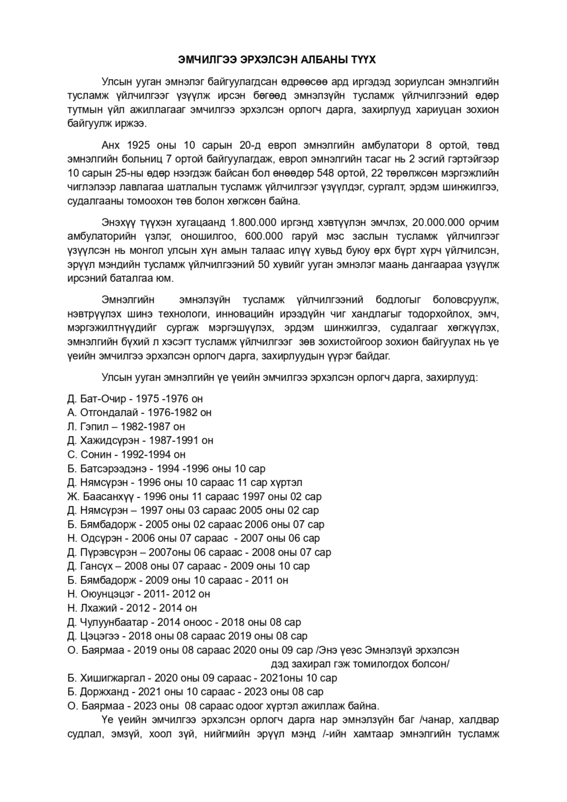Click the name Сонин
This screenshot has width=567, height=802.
click(x=95, y=455)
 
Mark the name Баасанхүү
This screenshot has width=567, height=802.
click(x=108, y=497)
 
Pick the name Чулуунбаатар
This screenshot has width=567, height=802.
click(x=114, y=622)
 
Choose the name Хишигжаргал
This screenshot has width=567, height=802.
click(x=112, y=678)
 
